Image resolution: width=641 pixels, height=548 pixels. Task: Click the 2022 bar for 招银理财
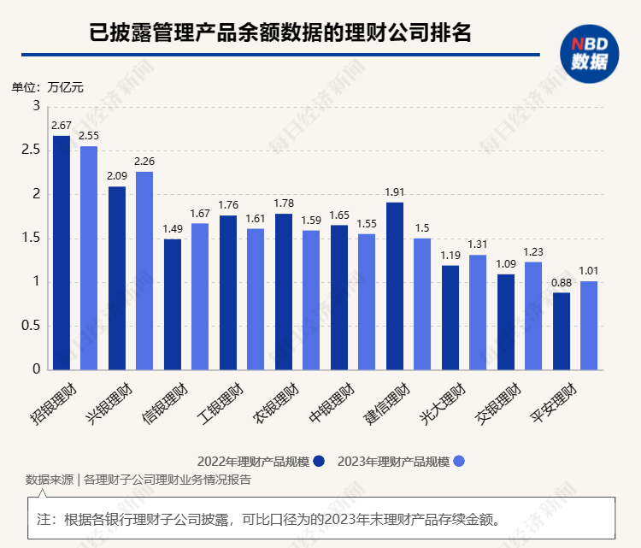tap(62, 252)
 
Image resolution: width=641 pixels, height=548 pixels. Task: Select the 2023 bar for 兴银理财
tap(144, 270)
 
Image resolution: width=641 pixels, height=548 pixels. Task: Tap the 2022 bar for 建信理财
tap(395, 286)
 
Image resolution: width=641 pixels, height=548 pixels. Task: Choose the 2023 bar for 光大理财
tap(478, 312)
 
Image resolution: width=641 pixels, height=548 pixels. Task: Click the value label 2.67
tap(62, 126)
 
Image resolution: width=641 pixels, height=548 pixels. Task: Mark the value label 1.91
tap(395, 192)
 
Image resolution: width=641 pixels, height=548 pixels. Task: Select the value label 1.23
tap(533, 252)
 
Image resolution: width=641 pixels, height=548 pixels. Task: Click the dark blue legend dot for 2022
tap(319, 461)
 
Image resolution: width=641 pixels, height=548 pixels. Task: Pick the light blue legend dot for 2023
tap(459, 461)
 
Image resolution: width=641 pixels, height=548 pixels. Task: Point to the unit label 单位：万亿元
tap(47, 86)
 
